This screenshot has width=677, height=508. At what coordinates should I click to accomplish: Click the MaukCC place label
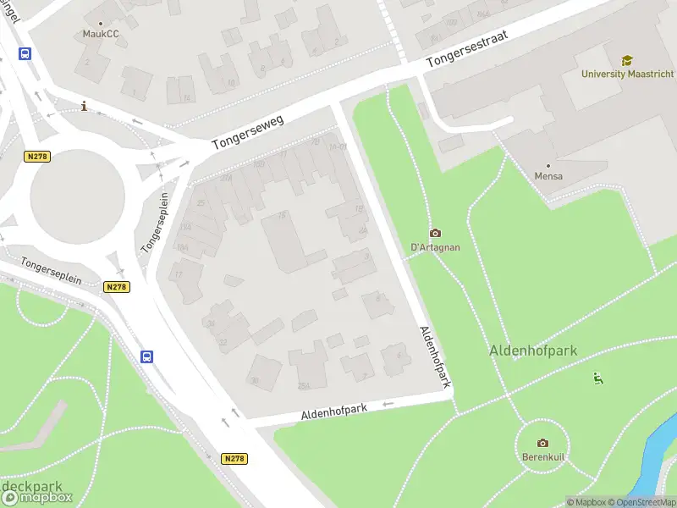pyautogui.click(x=100, y=35)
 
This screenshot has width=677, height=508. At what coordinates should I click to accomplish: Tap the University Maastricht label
pyautogui.click(x=627, y=74)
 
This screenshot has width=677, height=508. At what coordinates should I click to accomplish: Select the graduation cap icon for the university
pyautogui.click(x=627, y=60)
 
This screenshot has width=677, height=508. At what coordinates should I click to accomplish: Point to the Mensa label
pyautogui.click(x=548, y=176)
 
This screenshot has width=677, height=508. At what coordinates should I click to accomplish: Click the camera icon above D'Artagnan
pyautogui.click(x=435, y=233)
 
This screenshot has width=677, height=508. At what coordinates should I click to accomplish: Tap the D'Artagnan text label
pyautogui.click(x=435, y=246)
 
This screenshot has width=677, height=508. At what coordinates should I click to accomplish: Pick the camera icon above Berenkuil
pyautogui.click(x=542, y=443)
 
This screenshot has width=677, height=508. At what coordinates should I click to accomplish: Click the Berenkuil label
pyautogui.click(x=542, y=457)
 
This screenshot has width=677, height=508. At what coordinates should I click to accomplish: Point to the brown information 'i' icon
pyautogui.click(x=83, y=106)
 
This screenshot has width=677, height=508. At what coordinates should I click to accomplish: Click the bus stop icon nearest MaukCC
pyautogui.click(x=25, y=53)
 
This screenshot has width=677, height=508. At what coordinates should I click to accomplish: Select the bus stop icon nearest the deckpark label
pyautogui.click(x=147, y=356)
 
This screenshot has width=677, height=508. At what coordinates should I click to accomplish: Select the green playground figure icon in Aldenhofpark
pyautogui.click(x=598, y=378)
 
